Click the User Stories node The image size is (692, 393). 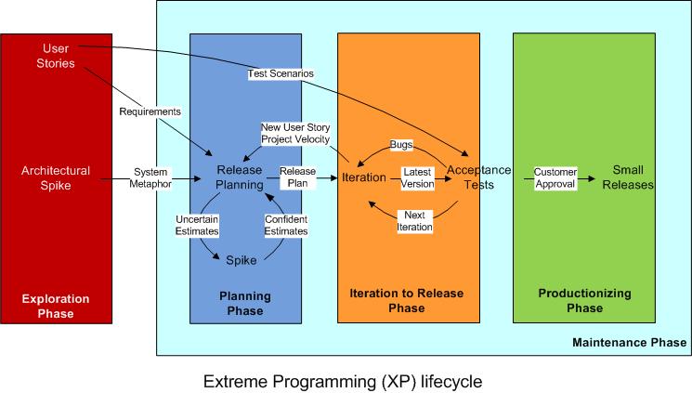[57, 56]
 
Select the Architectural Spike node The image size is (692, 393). [57, 177]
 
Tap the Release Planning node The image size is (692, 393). [240, 177]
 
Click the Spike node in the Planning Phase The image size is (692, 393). [241, 260]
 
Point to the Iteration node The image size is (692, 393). [364, 177]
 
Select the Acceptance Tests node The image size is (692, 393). [478, 177]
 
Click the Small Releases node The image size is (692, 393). [633, 177]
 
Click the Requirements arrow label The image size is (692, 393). [150, 111]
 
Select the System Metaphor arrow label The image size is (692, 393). [150, 177]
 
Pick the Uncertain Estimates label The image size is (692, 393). [198, 226]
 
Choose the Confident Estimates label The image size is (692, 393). [286, 226]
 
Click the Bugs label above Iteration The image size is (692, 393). [401, 145]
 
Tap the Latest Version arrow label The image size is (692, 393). [418, 177]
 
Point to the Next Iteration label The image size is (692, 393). [414, 221]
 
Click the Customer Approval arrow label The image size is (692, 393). [555, 177]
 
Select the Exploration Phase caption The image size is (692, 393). [57, 306]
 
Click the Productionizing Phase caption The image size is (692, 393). [583, 299]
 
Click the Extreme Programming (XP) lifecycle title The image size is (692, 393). [343, 380]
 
